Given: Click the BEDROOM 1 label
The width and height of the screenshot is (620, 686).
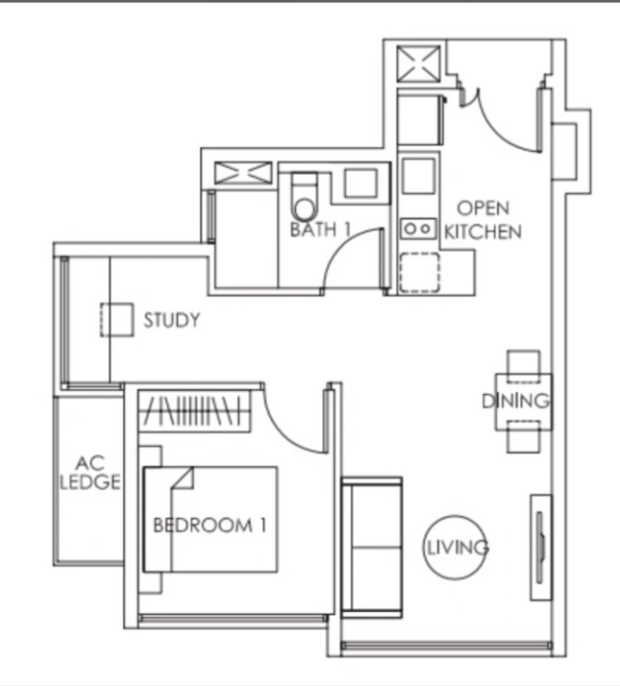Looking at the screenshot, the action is click(210, 525).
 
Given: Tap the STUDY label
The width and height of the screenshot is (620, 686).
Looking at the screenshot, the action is click(172, 320).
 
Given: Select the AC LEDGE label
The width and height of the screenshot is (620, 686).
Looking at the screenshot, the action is click(89, 473).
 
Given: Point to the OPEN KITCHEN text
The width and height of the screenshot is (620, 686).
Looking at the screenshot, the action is click(483, 220).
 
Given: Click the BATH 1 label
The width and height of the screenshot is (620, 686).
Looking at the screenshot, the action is click(320, 230).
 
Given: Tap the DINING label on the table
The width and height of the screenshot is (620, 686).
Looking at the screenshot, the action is click(516, 402).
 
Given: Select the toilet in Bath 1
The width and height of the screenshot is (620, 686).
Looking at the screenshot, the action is click(305, 196).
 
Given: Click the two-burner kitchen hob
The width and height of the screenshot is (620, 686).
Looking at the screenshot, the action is click(418, 229).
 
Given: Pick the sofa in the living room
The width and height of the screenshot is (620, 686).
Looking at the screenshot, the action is click(371, 548).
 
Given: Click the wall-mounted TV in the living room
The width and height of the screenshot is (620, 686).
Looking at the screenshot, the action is click(541, 548).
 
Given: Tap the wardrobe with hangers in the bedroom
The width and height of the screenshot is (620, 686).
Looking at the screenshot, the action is click(194, 411).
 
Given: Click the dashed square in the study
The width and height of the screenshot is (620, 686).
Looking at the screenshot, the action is click(117, 320).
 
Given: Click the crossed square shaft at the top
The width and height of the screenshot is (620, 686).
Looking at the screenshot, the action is click(418, 63).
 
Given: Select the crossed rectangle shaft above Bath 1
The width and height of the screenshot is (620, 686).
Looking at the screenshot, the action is click(243, 172).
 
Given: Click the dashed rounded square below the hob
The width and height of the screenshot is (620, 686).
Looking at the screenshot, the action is click(419, 272).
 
